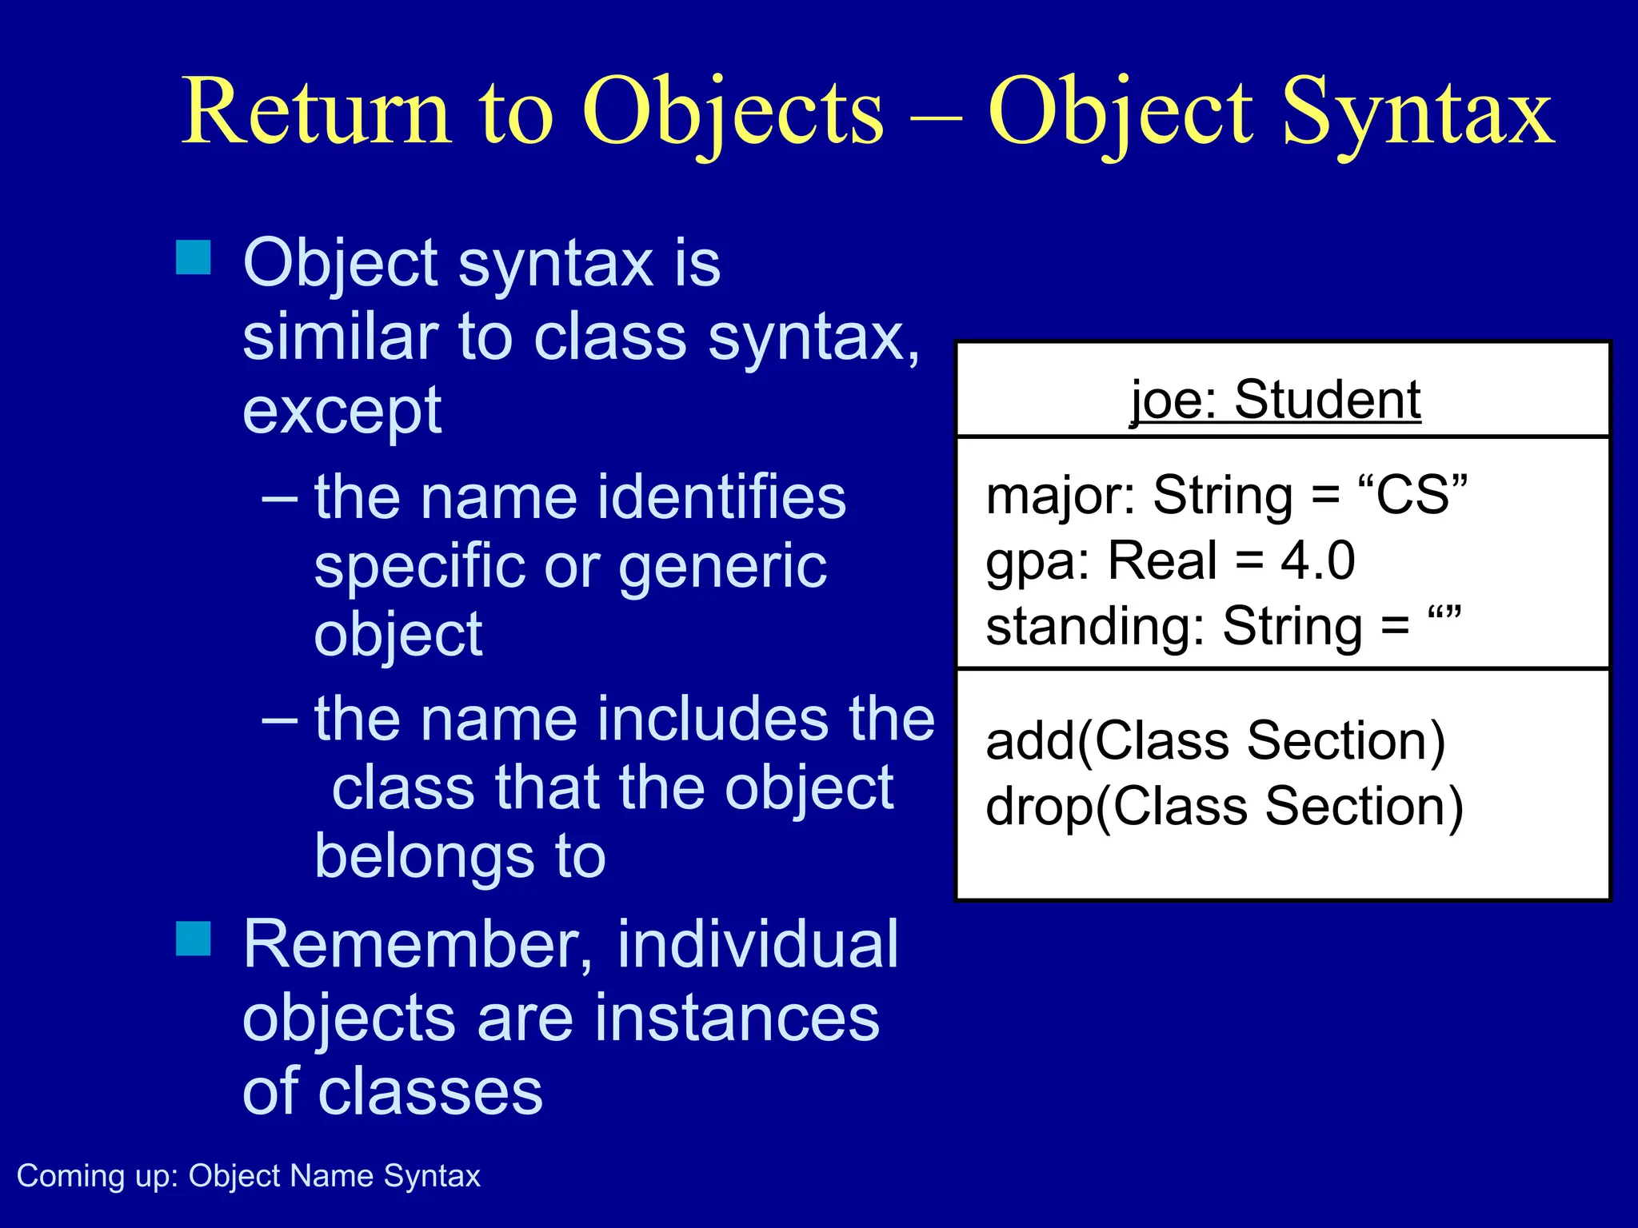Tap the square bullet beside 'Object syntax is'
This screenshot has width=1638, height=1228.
pyautogui.click(x=194, y=257)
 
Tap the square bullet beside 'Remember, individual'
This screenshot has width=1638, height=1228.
pyautogui.click(x=194, y=939)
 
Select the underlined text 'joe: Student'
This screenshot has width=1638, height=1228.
pyautogui.click(x=1275, y=400)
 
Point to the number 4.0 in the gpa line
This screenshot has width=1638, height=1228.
pyautogui.click(x=1317, y=560)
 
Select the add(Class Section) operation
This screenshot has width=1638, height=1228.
pyautogui.click(x=1216, y=741)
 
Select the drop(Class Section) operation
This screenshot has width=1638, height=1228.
pyautogui.click(x=1224, y=807)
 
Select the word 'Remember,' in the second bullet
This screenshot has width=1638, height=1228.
pyautogui.click(x=417, y=945)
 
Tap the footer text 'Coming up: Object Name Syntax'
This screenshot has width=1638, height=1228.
pyautogui.click(x=249, y=1176)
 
